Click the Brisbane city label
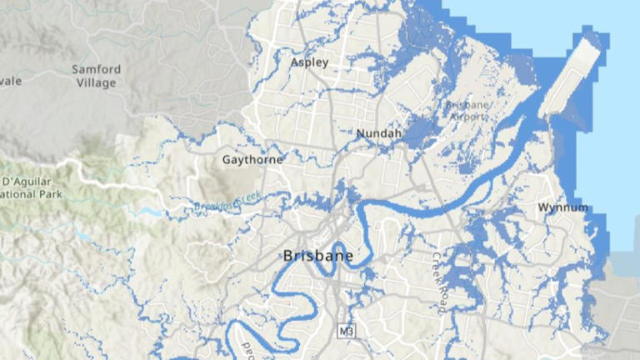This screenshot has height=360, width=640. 317,256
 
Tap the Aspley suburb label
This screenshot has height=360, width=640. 309,62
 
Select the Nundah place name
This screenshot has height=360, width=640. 378,133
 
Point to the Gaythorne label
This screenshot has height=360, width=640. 252,159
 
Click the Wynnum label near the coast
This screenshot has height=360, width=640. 562,207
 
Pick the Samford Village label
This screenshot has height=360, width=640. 97,76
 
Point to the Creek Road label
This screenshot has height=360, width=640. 439,283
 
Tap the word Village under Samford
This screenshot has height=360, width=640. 97,83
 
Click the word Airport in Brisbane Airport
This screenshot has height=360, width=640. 468,117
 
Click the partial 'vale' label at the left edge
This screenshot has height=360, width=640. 11,80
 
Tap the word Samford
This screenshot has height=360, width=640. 97,69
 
